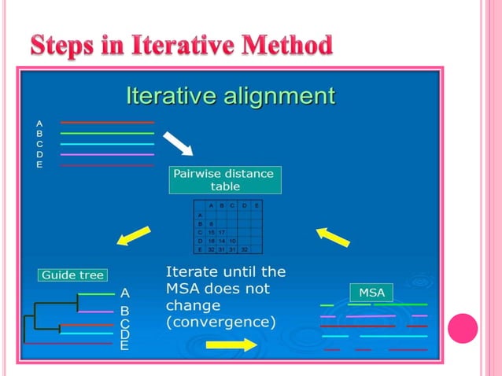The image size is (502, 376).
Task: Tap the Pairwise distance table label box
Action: (x=224, y=180)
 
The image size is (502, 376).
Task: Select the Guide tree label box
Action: (x=72, y=275)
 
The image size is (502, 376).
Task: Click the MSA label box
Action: (x=371, y=293)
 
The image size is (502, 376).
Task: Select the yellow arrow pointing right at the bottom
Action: (x=231, y=345)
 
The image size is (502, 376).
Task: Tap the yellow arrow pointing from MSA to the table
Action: (x=333, y=235)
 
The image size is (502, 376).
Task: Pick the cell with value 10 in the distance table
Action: (x=233, y=241)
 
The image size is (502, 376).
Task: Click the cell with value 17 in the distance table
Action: (x=222, y=232)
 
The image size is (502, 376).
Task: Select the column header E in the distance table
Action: (x=257, y=206)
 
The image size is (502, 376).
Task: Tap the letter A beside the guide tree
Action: (x=124, y=293)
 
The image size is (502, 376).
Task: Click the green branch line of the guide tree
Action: (x=97, y=294)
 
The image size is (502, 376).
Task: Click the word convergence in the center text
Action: (x=221, y=322)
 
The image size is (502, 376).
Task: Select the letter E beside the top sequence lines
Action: (x=39, y=164)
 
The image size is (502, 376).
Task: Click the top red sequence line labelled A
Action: (x=107, y=123)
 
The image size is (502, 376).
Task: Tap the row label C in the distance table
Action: (x=200, y=232)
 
